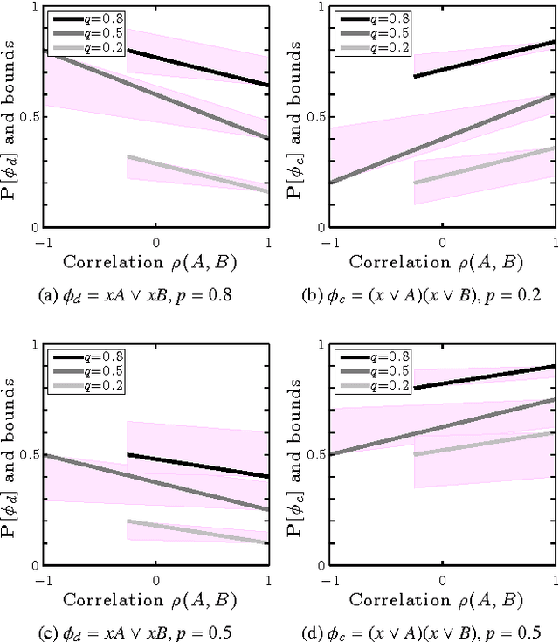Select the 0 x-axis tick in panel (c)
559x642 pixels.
pos(156,579)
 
